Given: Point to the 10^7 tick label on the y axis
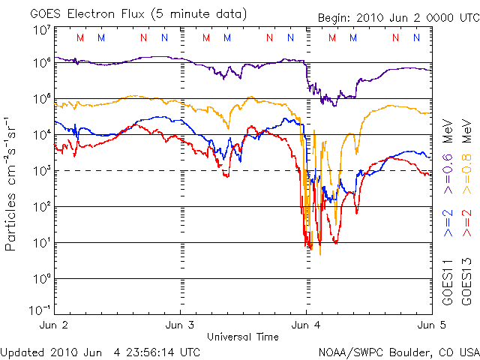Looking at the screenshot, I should point(41,30).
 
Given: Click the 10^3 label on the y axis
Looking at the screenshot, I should point(41,171).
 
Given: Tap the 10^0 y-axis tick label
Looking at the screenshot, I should point(41,279).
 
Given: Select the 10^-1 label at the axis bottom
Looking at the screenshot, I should point(40,310).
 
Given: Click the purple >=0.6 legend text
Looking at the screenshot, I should point(448,175).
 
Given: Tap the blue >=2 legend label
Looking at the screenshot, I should point(448,223).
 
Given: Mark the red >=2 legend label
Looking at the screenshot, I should point(466,223).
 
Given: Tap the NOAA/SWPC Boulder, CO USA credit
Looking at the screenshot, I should point(398,351).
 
